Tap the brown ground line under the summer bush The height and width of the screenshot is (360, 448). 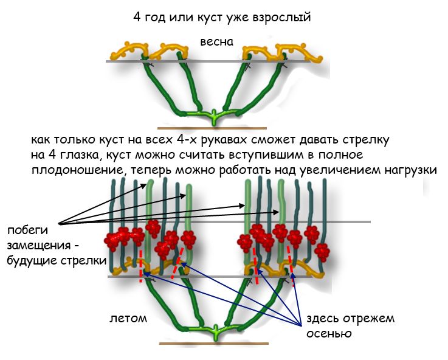tap(213, 344)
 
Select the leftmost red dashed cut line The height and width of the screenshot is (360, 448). tap(141, 265)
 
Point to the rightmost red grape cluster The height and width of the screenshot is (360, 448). tap(320, 251)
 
